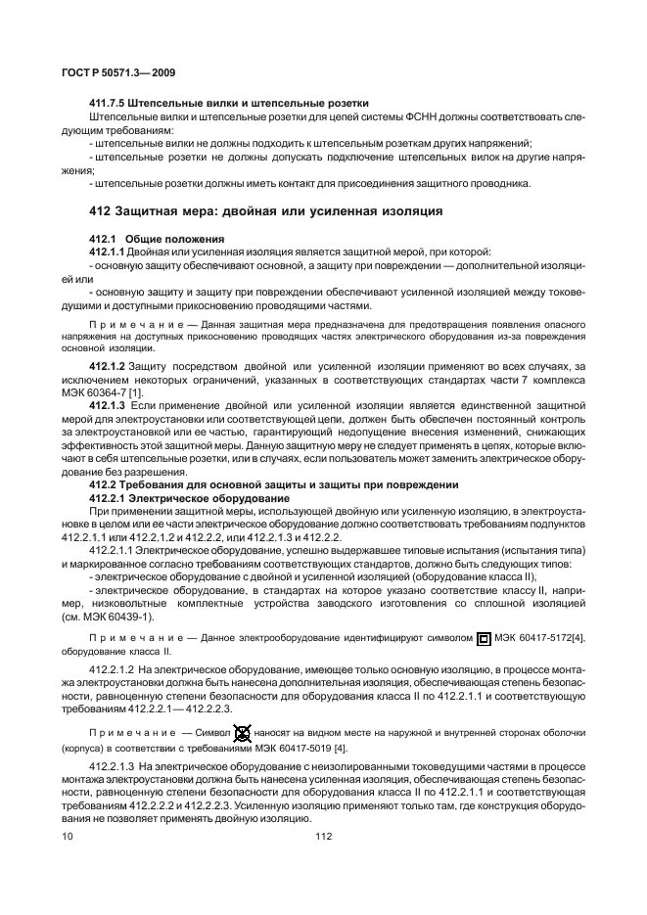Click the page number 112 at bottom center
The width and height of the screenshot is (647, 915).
[324, 836]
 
